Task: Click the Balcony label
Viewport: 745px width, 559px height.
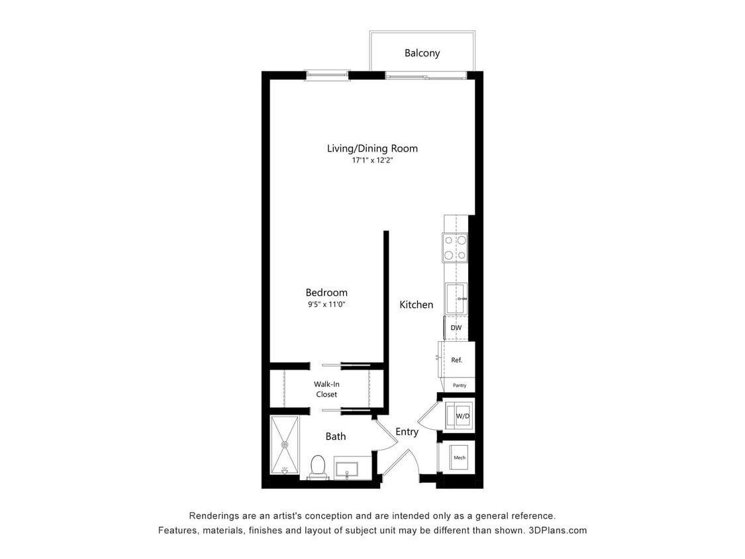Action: point(422,53)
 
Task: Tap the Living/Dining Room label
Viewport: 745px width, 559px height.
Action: point(372,148)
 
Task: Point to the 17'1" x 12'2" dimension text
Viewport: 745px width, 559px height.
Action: point(372,161)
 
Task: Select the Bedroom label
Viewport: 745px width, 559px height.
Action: point(326,292)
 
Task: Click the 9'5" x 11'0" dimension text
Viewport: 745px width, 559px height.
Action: point(326,305)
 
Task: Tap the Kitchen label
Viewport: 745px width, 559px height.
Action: point(416,305)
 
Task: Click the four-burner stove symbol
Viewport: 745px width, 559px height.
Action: point(454,248)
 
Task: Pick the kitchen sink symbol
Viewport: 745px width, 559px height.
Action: point(456,299)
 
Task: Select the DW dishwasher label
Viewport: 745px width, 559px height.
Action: point(456,328)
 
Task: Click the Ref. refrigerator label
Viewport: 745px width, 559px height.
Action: point(456,360)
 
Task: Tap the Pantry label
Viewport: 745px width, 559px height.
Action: point(460,385)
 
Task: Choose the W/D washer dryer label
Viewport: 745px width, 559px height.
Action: point(462,416)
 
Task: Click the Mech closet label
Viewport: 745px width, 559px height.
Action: point(459,458)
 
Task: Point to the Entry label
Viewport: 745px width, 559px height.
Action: point(407,432)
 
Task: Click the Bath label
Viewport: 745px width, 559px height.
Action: point(335,436)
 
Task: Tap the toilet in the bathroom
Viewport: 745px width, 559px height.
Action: point(318,466)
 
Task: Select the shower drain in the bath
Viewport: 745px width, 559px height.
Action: point(285,444)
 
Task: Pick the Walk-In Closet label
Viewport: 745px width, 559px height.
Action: point(325,389)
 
